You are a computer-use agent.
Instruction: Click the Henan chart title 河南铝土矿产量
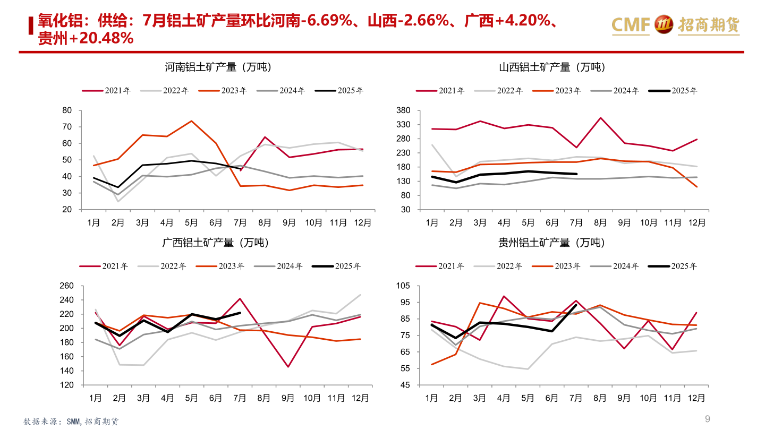tap(218, 67)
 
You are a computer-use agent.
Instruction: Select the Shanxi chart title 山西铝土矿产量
tap(552, 67)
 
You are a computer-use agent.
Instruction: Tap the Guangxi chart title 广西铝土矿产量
tap(215, 243)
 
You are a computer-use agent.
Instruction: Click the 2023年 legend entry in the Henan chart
tap(223, 91)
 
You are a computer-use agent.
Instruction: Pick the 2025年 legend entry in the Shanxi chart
tap(674, 91)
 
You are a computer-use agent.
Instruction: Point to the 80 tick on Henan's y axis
tap(67, 110)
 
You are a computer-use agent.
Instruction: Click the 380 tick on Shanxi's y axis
tap(404, 110)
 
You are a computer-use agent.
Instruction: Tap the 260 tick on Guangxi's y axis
tap(66, 286)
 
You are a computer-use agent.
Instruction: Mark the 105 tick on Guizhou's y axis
tap(404, 286)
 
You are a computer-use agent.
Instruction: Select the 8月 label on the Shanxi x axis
tap(600, 222)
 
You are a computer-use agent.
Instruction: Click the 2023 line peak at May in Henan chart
tap(191, 121)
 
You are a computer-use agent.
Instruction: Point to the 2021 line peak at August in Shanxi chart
tap(600, 118)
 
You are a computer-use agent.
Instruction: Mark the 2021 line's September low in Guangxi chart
tap(288, 367)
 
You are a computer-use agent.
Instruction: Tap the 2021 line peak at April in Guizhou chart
tap(504, 296)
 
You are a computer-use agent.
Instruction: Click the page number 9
tap(707, 419)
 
